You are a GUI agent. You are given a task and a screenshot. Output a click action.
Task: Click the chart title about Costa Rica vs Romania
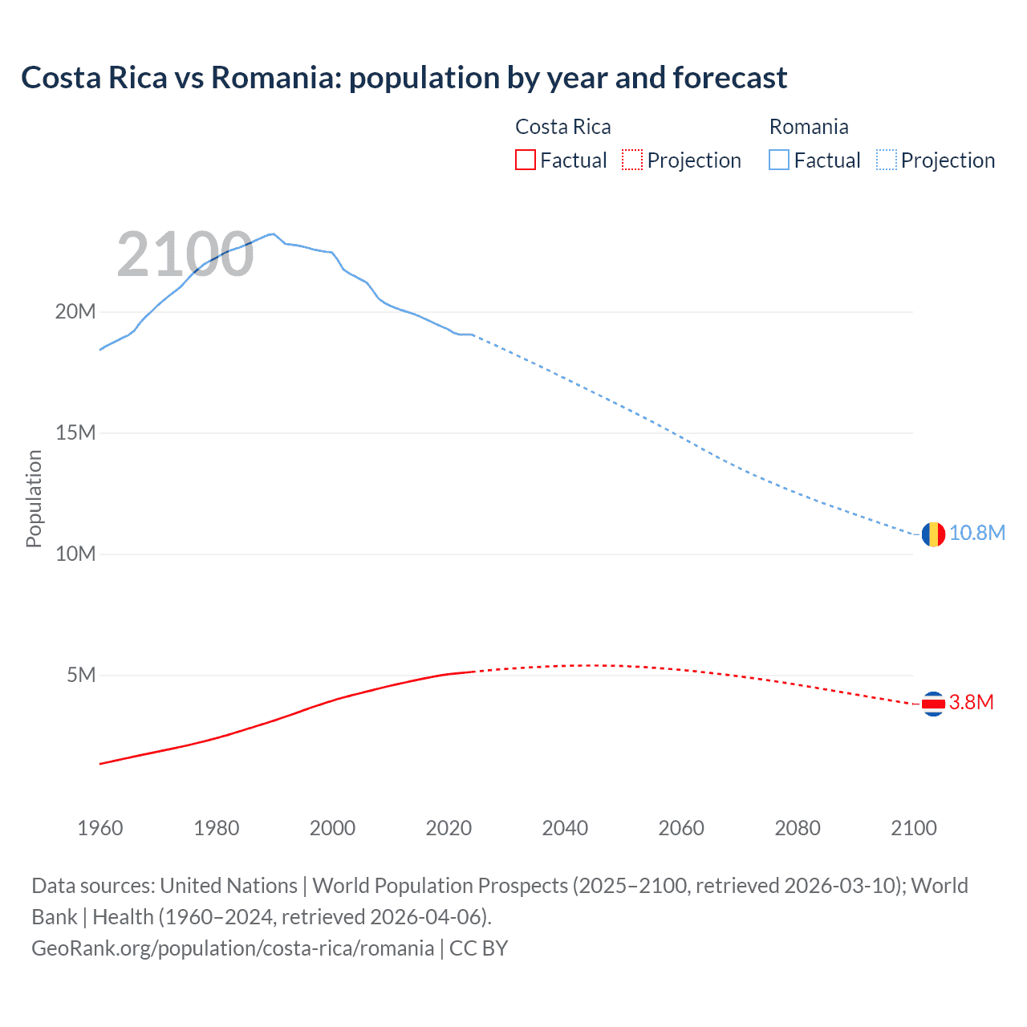tap(404, 78)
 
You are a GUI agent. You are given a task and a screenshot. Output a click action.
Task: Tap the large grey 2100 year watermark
tap(185, 254)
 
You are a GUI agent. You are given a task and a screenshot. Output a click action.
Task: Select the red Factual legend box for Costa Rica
tap(525, 160)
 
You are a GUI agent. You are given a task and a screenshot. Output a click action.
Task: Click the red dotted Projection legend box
tap(632, 160)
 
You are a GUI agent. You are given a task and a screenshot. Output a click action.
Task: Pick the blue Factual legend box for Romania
tap(779, 160)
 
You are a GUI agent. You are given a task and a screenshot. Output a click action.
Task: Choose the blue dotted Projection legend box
tap(886, 160)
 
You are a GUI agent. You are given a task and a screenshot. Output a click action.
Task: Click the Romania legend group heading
tap(808, 127)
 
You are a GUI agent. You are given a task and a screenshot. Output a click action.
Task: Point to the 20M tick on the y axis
tap(75, 311)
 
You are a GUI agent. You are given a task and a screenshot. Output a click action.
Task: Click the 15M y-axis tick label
tap(75, 432)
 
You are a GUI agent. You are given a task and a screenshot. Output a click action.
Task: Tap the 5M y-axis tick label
tap(81, 675)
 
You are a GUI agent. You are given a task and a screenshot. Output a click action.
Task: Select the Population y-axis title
tap(34, 498)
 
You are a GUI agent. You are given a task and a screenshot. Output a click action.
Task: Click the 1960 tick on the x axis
tap(100, 828)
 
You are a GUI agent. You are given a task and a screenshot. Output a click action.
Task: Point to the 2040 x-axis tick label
tap(565, 828)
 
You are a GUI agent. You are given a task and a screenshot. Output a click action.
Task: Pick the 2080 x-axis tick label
tap(798, 828)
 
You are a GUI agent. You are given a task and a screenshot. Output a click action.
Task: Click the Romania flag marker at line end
tap(933, 534)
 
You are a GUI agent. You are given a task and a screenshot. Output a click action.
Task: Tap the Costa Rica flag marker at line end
tap(933, 704)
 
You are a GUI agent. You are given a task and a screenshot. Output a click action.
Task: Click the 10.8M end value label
tap(977, 534)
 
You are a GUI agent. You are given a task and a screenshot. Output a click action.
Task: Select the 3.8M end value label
tap(971, 703)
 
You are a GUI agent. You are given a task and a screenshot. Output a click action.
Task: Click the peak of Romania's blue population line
tap(274, 233)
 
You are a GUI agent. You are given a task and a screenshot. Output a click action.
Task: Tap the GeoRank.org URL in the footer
tap(233, 948)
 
